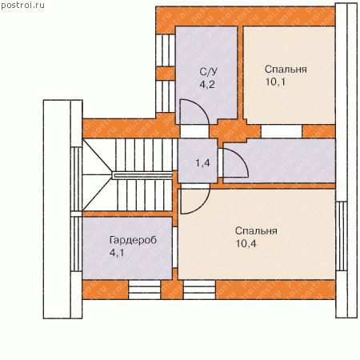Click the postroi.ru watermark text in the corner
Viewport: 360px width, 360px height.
22,5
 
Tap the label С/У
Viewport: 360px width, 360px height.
209,71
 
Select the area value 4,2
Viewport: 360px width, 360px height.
207,85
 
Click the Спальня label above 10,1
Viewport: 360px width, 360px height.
286,70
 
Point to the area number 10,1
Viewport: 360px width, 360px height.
275,82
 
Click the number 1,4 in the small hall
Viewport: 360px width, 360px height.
202,162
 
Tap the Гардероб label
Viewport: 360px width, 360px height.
133,241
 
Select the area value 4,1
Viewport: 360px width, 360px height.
117,253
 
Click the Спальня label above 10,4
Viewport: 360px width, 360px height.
256,230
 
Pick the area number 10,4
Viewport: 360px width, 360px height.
246,243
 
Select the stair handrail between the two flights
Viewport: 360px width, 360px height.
142,175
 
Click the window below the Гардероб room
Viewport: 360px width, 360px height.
145,290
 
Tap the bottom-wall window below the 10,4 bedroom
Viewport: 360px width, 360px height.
199,290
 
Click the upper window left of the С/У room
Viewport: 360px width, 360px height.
166,50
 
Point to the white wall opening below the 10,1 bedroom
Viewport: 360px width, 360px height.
282,131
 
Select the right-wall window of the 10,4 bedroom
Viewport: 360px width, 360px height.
342,236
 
